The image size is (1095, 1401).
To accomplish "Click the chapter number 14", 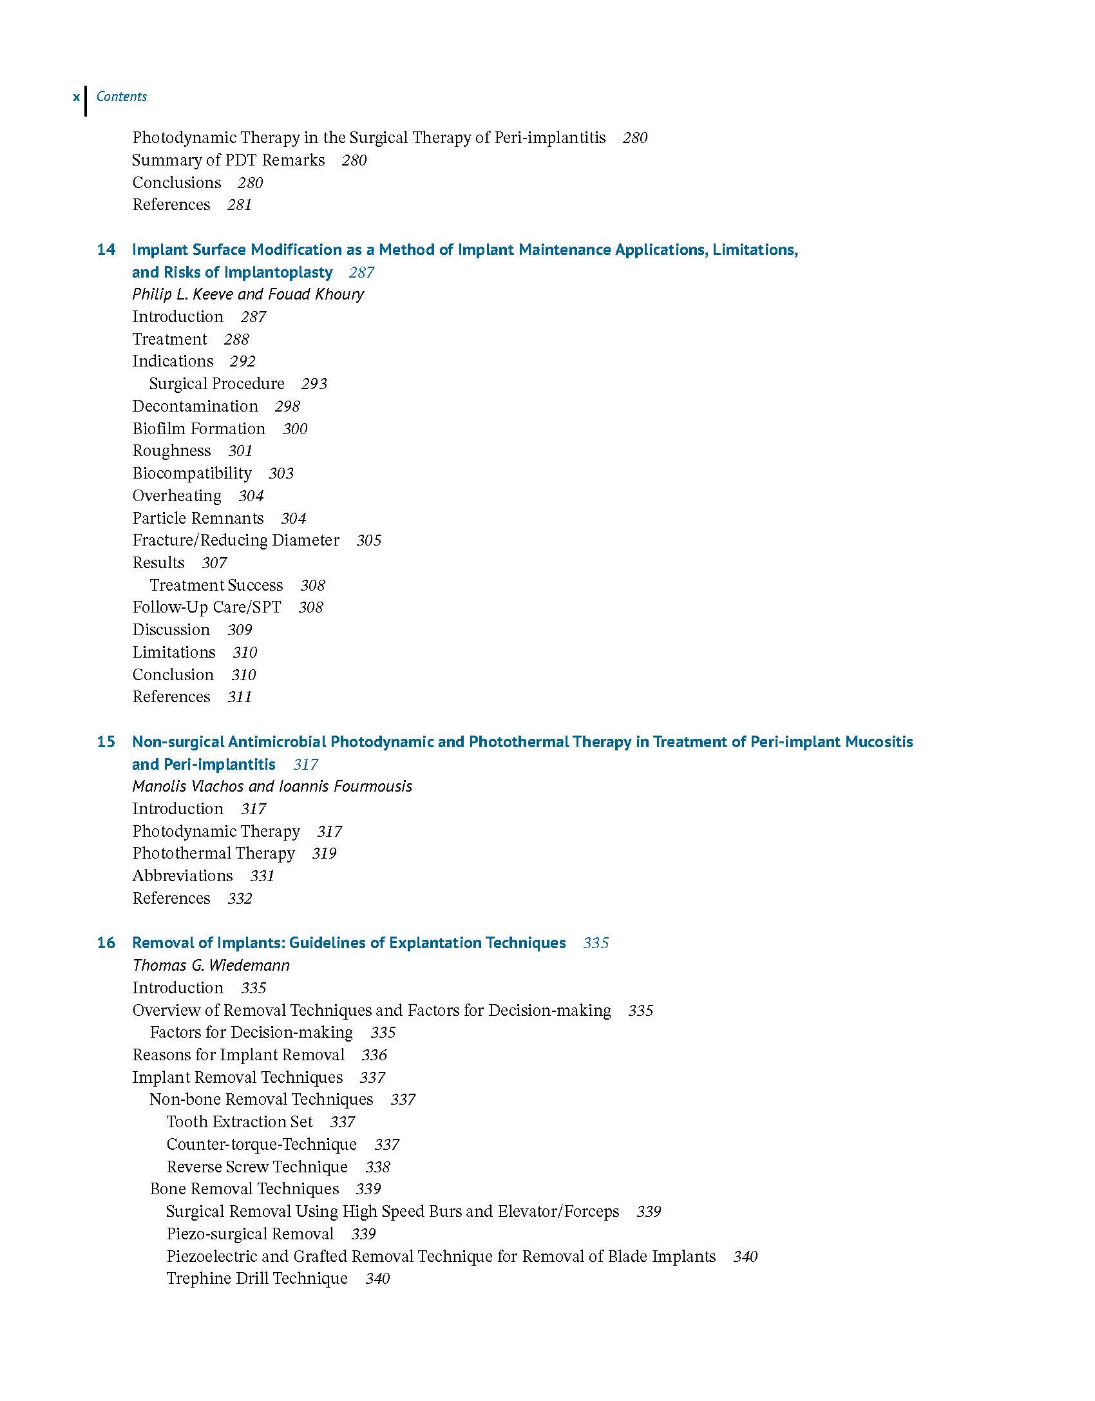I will [106, 250].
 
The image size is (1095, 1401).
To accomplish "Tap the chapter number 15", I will [106, 742].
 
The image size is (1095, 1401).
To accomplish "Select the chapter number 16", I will [106, 943].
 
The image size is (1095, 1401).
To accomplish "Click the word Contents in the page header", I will [122, 97].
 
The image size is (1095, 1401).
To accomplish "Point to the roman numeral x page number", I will [77, 97].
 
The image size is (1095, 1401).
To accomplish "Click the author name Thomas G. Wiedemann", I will [211, 966].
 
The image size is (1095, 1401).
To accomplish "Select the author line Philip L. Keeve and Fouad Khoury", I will [248, 294].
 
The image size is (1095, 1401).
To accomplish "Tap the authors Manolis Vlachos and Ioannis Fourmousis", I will [272, 786].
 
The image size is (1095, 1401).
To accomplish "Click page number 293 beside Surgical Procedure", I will [314, 384].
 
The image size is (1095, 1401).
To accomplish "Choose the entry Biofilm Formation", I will [198, 429].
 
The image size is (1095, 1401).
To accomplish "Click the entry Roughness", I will [171, 451].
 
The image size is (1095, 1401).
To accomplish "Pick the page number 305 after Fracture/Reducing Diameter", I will [369, 540].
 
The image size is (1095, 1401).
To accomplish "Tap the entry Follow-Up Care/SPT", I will [207, 607].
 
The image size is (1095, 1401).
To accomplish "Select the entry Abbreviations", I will [182, 876].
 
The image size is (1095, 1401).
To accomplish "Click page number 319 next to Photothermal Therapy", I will [324, 853].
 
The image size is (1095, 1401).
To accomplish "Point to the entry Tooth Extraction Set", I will [240, 1122].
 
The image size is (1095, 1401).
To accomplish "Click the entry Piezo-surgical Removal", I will [250, 1234].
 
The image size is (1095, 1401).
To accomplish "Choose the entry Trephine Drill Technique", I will [257, 1279].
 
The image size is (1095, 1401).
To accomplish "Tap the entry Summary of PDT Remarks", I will [228, 160].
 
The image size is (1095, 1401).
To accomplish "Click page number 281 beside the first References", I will [240, 205].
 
